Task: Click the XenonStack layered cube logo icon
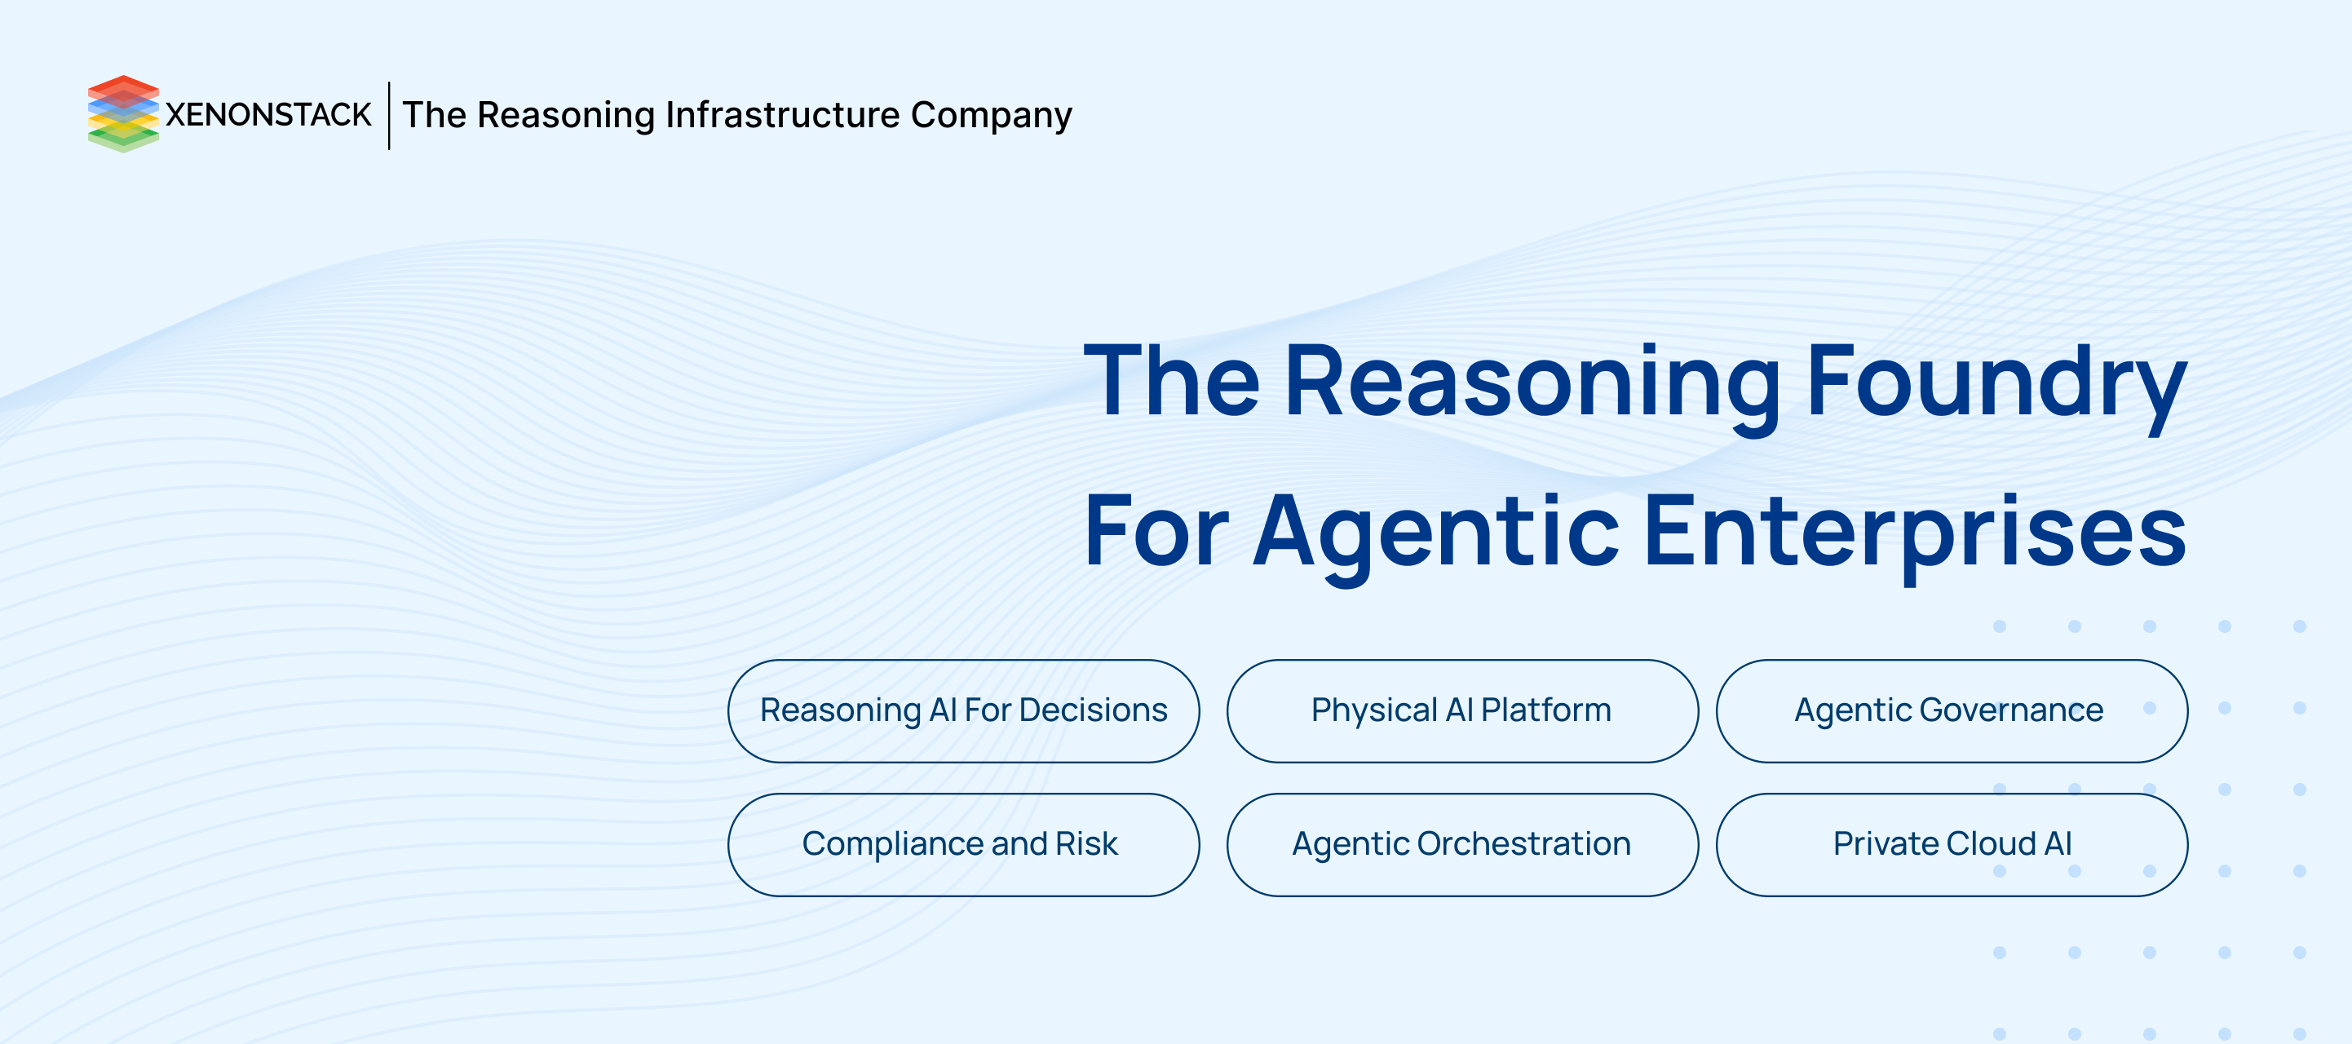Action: pyautogui.click(x=123, y=114)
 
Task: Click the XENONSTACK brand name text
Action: pyautogui.click(x=268, y=115)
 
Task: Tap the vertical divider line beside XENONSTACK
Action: pyautogui.click(x=389, y=115)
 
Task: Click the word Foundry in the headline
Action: pyautogui.click(x=1996, y=383)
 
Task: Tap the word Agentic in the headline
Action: pyautogui.click(x=1435, y=534)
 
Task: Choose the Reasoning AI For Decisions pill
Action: pyautogui.click(x=963, y=710)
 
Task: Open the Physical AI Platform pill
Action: pyautogui.click(x=1461, y=710)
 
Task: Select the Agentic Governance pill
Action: pyautogui.click(x=1952, y=710)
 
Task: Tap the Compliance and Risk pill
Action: pyautogui.click(x=963, y=844)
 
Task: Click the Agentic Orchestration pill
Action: pyautogui.click(x=1461, y=844)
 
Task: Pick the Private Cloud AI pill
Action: pyautogui.click(x=1952, y=844)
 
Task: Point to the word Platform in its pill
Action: pyautogui.click(x=1545, y=710)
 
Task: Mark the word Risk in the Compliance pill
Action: pyautogui.click(x=1086, y=843)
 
